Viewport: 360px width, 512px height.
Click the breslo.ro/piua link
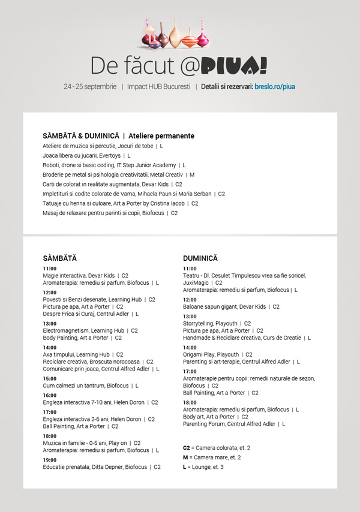[x=275, y=86]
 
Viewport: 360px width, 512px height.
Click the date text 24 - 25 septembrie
[x=90, y=86]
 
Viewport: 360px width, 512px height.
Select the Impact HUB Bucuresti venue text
[x=158, y=86]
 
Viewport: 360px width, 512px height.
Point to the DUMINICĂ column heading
[x=200, y=258]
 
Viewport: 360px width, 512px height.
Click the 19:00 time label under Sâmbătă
[x=50, y=460]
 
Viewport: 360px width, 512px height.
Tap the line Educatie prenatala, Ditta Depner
[x=101, y=467]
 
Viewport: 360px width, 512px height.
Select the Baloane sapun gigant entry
[x=231, y=307]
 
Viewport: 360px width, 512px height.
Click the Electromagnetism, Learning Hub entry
[x=90, y=330]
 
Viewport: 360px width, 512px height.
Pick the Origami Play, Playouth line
[x=217, y=354]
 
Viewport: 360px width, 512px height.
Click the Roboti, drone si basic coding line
[x=114, y=165]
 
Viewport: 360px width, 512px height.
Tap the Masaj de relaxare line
[x=110, y=213]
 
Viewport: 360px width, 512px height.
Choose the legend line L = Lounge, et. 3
[x=203, y=467]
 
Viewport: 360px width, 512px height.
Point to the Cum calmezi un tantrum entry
[x=90, y=385]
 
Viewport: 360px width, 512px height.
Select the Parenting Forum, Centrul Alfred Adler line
[x=234, y=424]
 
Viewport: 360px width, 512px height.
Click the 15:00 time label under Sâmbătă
[x=50, y=378]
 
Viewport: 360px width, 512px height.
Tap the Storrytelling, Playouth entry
[x=217, y=323]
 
